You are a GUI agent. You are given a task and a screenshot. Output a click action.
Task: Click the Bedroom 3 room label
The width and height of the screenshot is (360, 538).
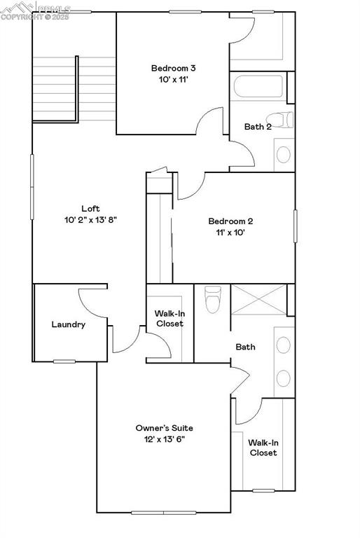[173, 68]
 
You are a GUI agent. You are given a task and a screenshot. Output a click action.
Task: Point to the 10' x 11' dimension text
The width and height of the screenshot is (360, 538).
[173, 80]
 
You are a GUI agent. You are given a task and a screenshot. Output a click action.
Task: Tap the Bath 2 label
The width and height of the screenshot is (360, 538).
[258, 127]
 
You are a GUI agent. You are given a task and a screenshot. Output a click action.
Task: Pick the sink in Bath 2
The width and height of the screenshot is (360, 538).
[284, 154]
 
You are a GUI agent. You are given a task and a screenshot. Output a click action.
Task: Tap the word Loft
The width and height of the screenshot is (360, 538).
[90, 208]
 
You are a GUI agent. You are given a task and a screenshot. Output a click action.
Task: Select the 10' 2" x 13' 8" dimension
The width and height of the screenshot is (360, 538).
[90, 220]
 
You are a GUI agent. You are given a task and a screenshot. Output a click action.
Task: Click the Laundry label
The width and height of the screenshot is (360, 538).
[69, 324]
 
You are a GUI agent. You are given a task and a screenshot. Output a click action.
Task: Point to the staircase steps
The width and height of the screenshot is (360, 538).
[55, 88]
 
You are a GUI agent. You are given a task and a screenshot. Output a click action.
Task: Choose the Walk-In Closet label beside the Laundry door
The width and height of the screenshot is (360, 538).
[169, 318]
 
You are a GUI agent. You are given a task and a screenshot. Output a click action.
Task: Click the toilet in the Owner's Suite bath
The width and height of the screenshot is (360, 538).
[212, 299]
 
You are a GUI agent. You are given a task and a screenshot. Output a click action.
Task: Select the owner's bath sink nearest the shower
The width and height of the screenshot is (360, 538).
[284, 345]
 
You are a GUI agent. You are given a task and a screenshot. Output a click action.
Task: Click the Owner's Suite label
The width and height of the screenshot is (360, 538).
[164, 427]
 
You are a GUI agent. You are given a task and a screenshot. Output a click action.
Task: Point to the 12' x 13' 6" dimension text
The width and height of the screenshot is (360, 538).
[164, 439]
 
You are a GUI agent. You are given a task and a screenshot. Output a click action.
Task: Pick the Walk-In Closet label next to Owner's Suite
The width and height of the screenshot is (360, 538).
[263, 448]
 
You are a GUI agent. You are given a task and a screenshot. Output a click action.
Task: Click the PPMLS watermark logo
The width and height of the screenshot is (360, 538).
[35, 11]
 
